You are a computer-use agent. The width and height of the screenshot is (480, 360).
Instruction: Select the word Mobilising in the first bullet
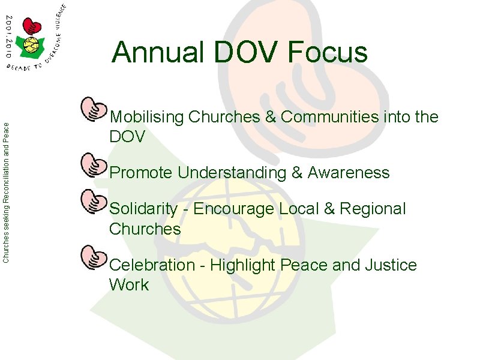click(x=147, y=118)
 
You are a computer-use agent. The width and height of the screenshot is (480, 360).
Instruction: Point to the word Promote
click(x=141, y=173)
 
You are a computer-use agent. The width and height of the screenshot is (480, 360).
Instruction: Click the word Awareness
click(x=349, y=173)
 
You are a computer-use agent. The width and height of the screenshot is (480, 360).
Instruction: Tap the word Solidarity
click(x=144, y=209)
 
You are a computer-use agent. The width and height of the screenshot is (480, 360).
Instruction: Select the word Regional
click(x=373, y=209)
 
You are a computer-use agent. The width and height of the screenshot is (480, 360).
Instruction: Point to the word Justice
click(x=391, y=265)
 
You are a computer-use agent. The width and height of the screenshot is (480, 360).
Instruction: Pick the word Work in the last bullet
click(x=128, y=284)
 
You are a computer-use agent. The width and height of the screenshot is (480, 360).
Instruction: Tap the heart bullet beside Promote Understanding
click(x=93, y=164)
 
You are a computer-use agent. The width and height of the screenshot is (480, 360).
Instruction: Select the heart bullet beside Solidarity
click(x=93, y=200)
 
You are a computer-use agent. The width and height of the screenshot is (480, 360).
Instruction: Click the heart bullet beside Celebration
click(x=93, y=256)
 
